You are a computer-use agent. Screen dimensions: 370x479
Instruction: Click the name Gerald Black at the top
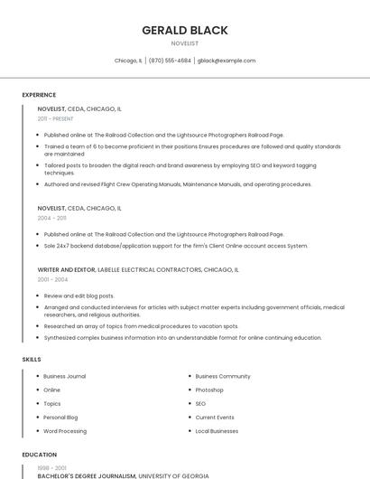184,30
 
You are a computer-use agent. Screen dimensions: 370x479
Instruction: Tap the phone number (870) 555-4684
170,61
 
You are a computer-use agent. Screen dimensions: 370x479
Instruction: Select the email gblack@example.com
227,61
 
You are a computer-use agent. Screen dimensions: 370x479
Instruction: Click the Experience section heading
39,95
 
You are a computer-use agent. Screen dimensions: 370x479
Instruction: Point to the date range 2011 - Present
55,118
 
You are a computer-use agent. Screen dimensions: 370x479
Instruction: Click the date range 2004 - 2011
51,218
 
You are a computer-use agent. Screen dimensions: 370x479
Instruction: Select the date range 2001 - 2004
52,279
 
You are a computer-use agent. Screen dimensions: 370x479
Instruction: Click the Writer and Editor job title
66,269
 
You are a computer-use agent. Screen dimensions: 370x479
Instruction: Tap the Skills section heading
32,360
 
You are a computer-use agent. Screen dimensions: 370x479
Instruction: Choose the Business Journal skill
64,376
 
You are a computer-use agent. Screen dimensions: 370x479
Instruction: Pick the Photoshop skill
209,390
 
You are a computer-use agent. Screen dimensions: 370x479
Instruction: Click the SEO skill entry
200,403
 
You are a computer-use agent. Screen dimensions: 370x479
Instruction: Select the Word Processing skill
65,431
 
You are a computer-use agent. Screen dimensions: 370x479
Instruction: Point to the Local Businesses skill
217,431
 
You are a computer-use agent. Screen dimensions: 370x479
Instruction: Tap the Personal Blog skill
60,418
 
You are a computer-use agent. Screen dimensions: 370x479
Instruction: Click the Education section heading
39,455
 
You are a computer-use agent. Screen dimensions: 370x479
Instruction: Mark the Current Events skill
215,418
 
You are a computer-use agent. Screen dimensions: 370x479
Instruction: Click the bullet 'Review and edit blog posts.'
79,296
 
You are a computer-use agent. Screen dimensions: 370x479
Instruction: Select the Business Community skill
223,376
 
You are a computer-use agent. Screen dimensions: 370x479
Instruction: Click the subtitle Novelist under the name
184,42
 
